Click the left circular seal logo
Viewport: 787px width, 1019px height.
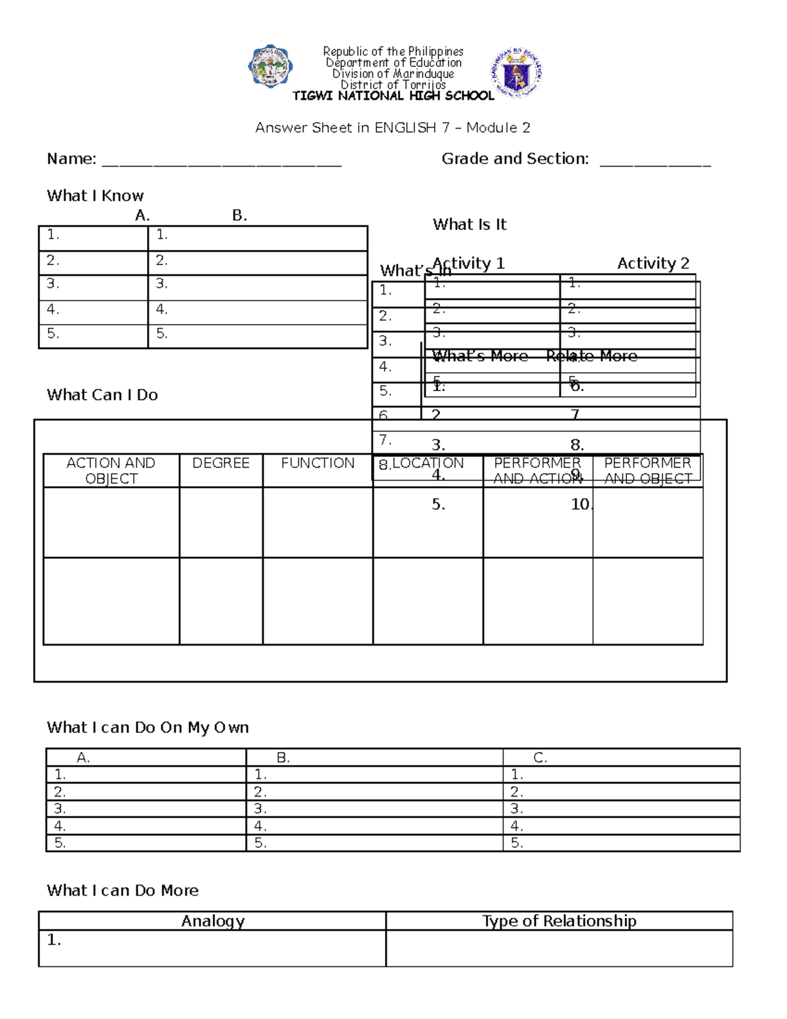point(270,66)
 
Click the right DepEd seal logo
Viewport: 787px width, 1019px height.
point(517,73)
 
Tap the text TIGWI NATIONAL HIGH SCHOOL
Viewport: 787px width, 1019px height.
point(393,96)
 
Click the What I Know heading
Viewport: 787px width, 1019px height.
point(95,196)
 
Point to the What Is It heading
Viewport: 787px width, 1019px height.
point(470,224)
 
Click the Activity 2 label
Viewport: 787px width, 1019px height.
point(653,263)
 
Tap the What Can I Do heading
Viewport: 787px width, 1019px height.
point(102,395)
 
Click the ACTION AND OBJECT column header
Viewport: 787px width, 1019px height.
point(111,470)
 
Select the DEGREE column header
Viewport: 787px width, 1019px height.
point(220,463)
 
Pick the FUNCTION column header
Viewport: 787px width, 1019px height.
point(317,463)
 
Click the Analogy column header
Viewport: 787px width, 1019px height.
point(212,921)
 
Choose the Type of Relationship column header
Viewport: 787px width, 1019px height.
point(559,921)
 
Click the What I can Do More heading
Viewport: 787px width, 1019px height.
point(123,890)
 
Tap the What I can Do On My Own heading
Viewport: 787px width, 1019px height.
point(148,728)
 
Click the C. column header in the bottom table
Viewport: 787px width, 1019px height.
point(540,758)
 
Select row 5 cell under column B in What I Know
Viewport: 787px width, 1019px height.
point(257,335)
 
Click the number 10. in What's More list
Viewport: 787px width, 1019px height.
point(581,504)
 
